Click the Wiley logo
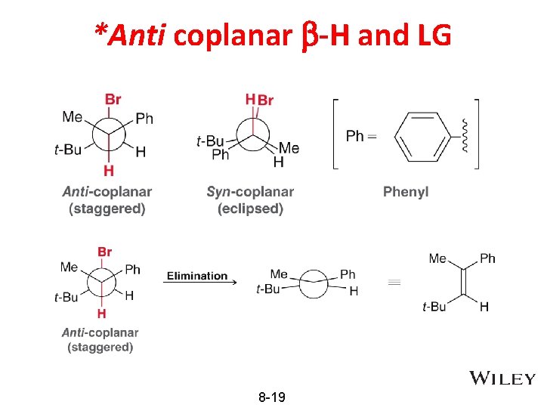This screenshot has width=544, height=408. [x=502, y=379]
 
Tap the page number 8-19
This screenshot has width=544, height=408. [x=271, y=397]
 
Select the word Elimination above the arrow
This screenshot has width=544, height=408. [x=197, y=276]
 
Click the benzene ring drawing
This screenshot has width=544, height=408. [x=422, y=137]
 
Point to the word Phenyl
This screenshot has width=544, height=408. [x=406, y=192]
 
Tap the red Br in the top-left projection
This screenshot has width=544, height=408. [x=113, y=99]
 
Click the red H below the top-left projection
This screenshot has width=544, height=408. [x=109, y=172]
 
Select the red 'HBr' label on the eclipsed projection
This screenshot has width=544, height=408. [x=260, y=100]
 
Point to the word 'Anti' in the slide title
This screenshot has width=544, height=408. [x=136, y=35]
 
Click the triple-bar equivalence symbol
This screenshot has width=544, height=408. [x=393, y=282]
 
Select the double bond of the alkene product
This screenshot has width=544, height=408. [x=463, y=282]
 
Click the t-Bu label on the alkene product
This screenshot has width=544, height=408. [x=434, y=306]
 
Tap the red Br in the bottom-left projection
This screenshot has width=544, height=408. [x=105, y=252]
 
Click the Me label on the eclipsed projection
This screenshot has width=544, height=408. [x=289, y=148]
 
